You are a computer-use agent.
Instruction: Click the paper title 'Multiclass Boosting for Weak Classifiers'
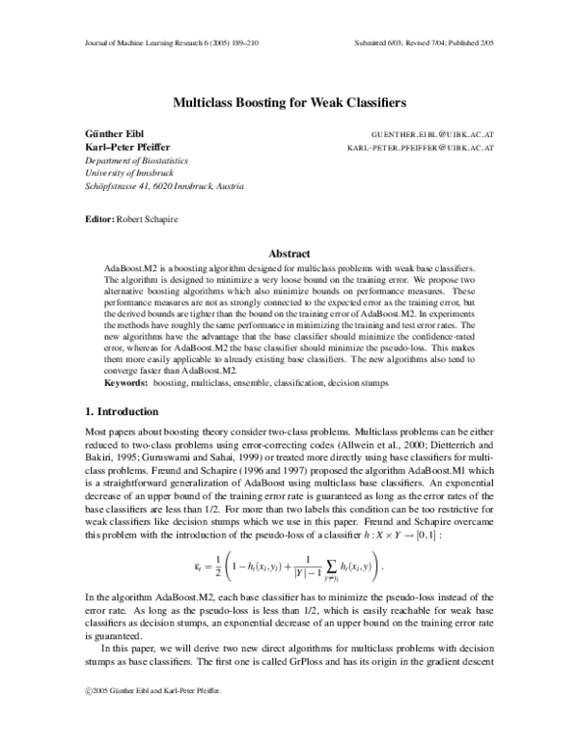coord(289,100)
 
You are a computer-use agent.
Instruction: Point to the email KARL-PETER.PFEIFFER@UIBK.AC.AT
coord(421,149)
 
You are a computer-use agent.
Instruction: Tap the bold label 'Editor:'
coord(100,219)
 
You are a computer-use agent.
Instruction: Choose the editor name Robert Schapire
coord(147,219)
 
